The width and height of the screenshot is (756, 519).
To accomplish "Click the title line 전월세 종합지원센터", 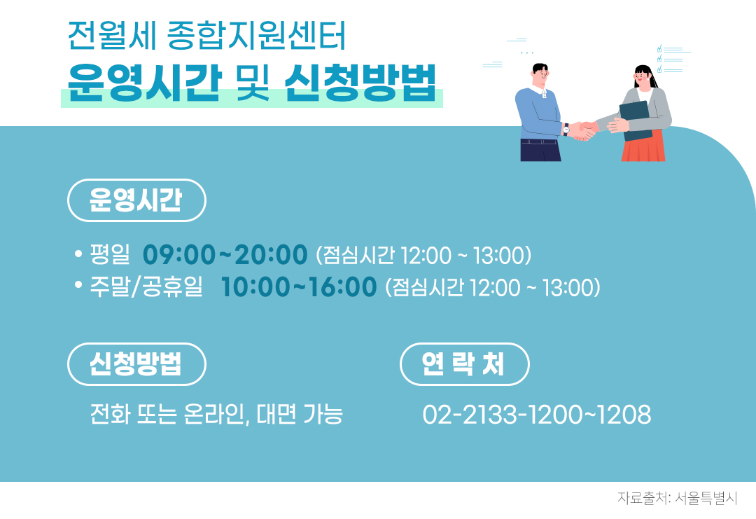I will click(206, 36).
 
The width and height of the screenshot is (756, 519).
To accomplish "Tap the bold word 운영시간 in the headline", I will click(144, 84).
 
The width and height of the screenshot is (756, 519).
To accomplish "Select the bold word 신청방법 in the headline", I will click(360, 84).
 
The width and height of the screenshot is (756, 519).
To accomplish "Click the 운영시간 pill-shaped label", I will click(136, 200).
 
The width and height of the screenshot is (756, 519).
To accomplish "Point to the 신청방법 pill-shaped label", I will click(136, 364).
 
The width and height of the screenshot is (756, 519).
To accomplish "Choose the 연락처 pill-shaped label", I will click(464, 364).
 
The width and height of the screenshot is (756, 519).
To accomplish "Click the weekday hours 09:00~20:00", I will click(225, 255).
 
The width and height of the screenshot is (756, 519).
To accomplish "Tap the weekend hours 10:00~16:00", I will click(299, 287).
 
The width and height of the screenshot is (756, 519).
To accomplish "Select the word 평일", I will click(110, 255).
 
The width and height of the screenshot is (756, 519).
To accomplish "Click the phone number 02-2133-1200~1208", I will click(537, 415).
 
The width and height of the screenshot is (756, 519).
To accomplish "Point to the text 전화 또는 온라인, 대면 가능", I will click(216, 415).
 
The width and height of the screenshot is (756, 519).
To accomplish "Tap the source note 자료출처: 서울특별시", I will click(677, 499).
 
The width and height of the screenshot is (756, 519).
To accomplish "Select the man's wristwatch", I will click(566, 130).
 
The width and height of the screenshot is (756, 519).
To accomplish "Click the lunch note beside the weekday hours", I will click(424, 256).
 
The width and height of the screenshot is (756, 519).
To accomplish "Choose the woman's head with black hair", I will click(643, 76).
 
